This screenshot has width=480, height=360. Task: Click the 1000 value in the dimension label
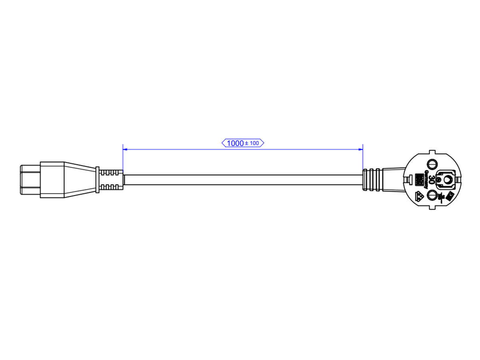pos(235,143)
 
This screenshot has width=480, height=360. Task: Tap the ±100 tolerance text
pos(252,143)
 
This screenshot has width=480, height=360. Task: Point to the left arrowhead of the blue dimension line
pos(125,150)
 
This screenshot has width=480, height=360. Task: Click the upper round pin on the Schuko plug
pos(432,164)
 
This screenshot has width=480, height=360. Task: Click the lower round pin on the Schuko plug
pos(432,195)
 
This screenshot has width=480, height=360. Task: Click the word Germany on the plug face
pos(426,180)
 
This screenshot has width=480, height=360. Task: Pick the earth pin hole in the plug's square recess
pos(445,180)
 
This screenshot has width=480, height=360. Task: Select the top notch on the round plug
pos(432,152)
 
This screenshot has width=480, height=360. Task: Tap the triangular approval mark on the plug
pos(420,196)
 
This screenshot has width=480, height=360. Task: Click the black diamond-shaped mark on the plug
pos(450,196)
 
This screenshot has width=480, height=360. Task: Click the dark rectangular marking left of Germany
pos(419,179)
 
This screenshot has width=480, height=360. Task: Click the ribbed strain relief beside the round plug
pos(372,180)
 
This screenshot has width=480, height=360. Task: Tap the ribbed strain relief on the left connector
pos(110,180)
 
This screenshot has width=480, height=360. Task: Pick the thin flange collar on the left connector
pos(97,180)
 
